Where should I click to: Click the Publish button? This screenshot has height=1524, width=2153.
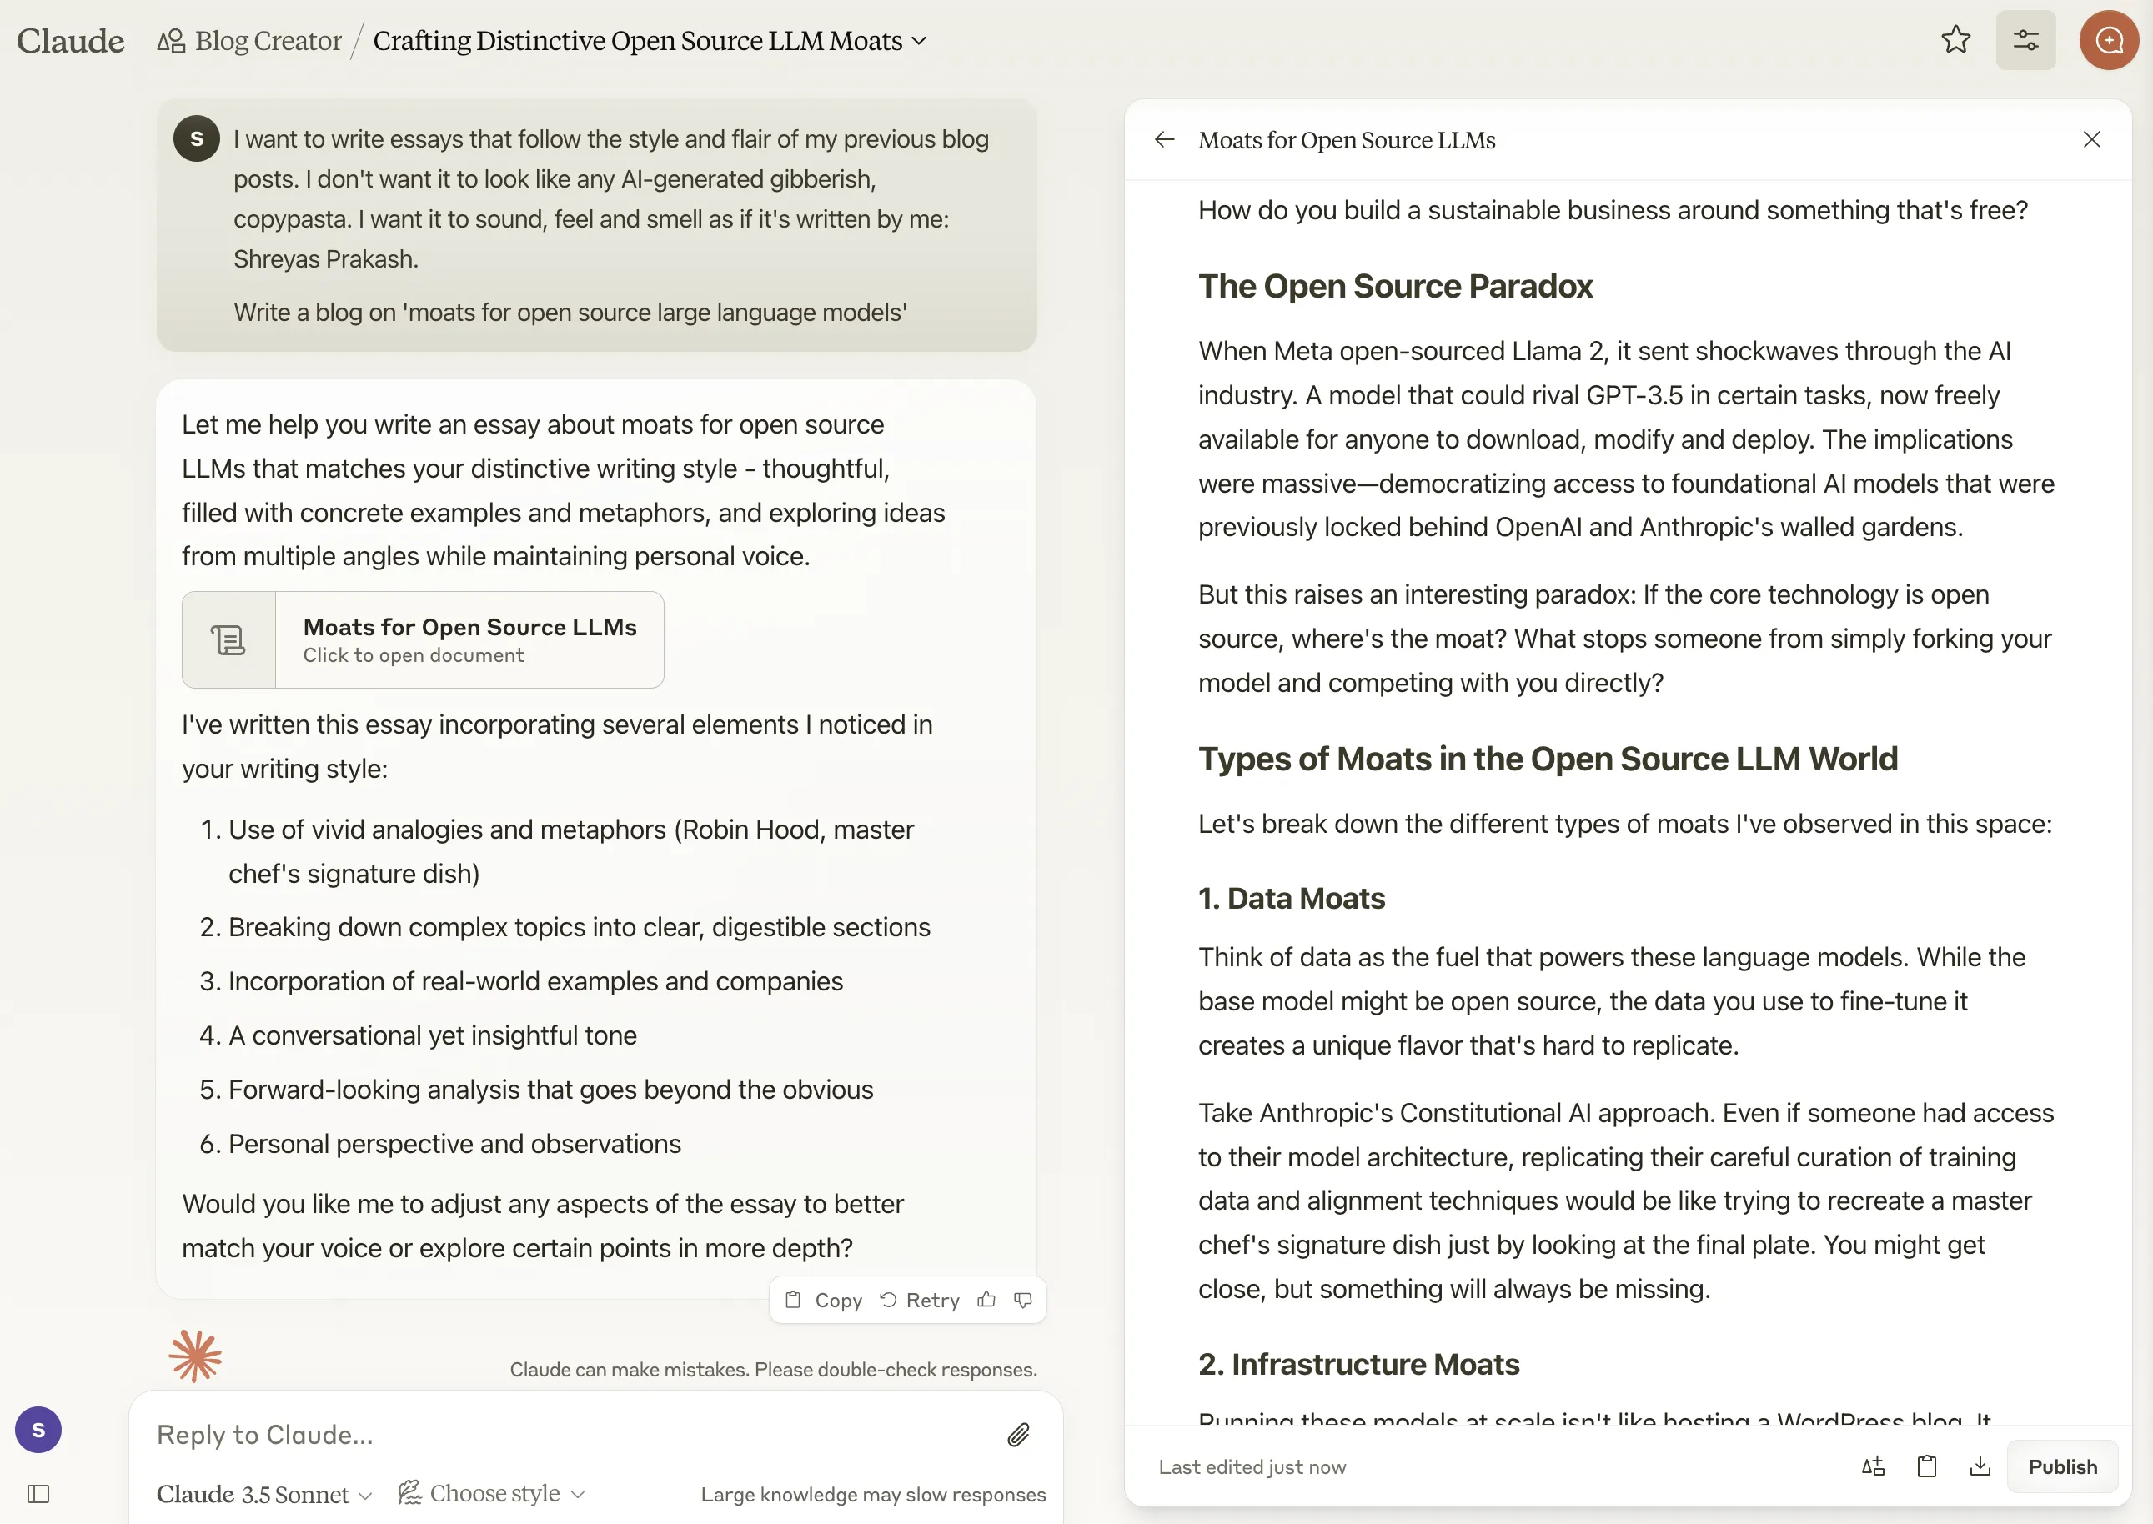(x=2062, y=1466)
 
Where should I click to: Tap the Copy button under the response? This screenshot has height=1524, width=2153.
(x=824, y=1300)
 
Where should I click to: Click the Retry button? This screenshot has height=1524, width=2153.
(x=920, y=1300)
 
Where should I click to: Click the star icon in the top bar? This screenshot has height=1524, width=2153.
(x=1956, y=40)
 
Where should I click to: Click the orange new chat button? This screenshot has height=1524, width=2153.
(x=2108, y=40)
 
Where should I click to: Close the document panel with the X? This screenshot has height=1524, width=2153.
(x=2091, y=140)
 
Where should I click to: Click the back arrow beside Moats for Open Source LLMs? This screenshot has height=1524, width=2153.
(x=1165, y=140)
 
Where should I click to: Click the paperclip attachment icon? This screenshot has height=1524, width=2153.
(x=1018, y=1435)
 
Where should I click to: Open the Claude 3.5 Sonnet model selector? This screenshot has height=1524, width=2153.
(x=263, y=1494)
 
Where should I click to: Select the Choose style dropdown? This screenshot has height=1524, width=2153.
(x=492, y=1493)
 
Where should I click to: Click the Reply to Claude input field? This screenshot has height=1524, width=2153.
(x=563, y=1435)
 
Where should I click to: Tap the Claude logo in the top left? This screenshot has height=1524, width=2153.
(x=70, y=40)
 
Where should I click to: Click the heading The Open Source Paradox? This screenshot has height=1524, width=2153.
(x=1396, y=286)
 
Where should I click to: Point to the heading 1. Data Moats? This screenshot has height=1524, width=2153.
(x=1292, y=898)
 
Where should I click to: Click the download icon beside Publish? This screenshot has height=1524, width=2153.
(x=1980, y=1466)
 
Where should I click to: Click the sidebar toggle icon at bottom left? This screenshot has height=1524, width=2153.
(x=38, y=1494)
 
